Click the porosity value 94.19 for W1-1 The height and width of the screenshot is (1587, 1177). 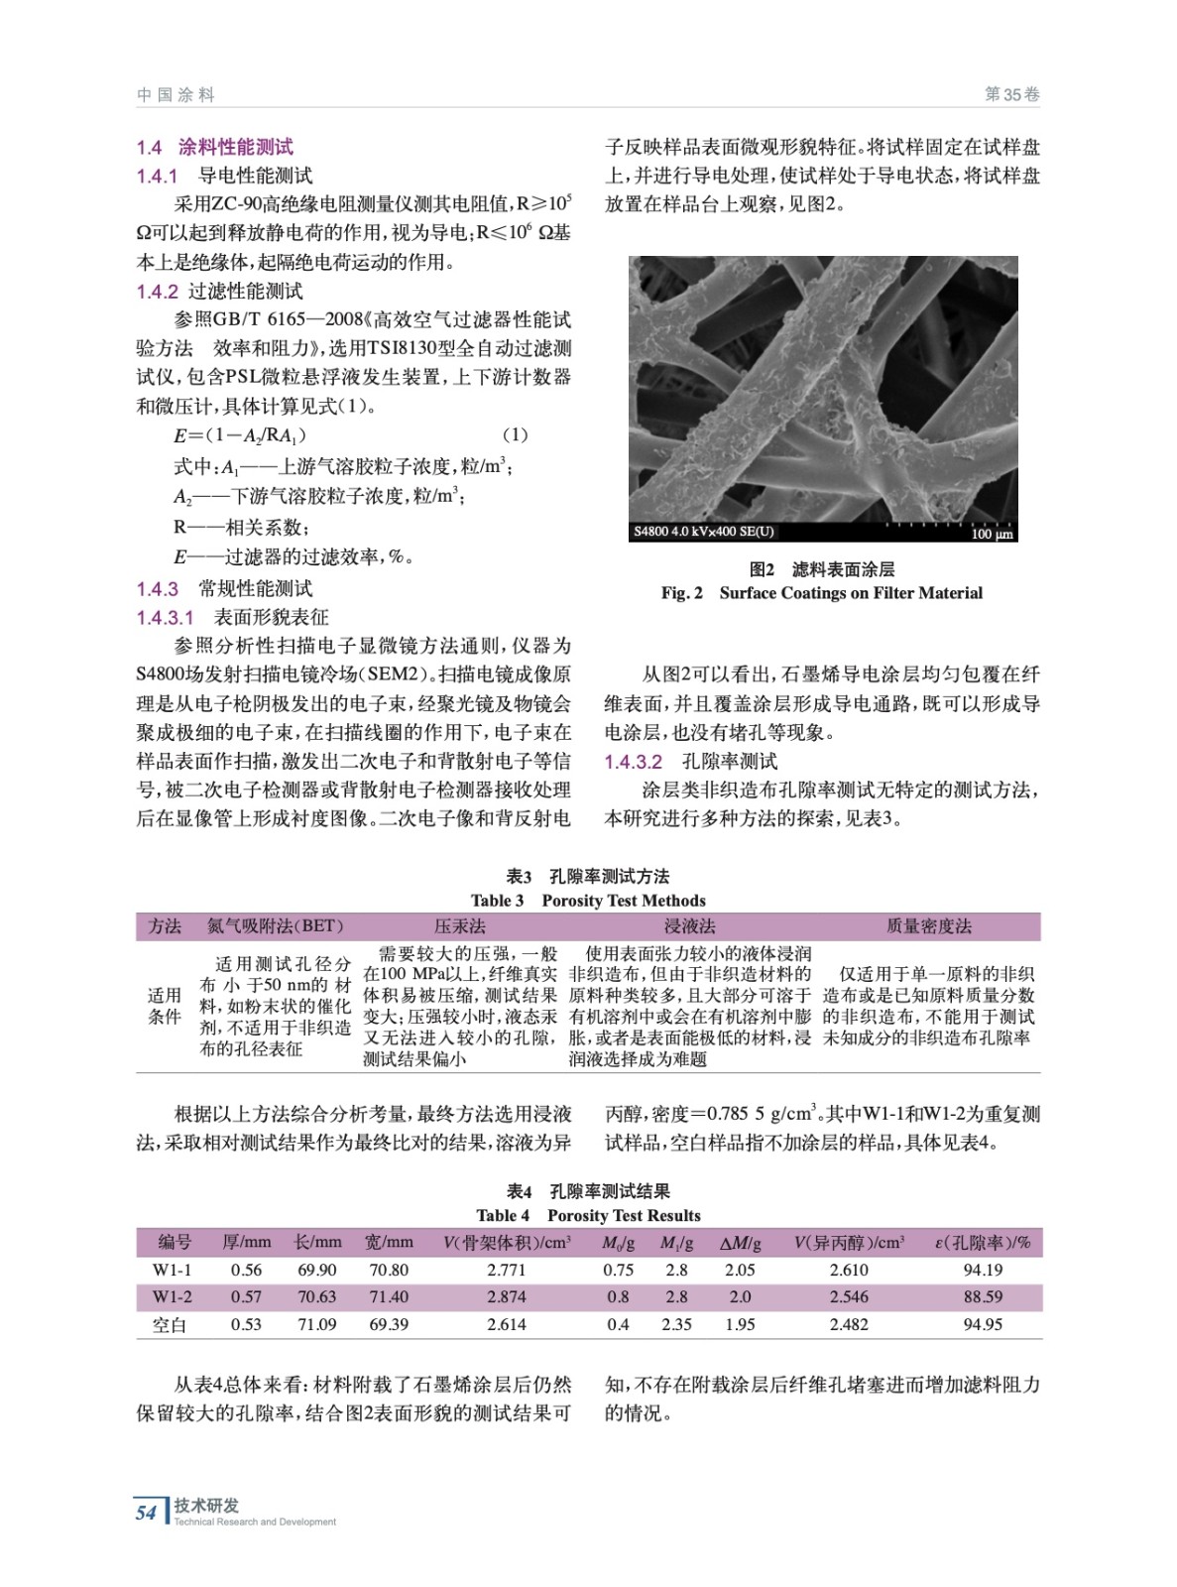(x=982, y=1270)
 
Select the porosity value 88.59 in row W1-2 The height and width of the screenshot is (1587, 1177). (x=982, y=1296)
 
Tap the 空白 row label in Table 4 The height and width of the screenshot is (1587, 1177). (x=170, y=1324)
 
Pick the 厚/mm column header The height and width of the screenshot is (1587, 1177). (x=246, y=1242)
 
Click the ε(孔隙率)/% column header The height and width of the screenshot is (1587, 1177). (x=982, y=1242)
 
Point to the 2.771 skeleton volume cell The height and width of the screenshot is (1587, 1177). (x=506, y=1270)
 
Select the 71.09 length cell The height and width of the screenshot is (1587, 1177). (x=316, y=1324)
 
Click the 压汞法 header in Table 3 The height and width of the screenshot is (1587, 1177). (x=460, y=926)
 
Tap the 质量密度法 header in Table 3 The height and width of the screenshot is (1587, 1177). (x=928, y=926)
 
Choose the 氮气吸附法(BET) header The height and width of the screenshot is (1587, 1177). (x=275, y=926)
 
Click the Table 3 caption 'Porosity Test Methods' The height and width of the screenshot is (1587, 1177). (x=624, y=901)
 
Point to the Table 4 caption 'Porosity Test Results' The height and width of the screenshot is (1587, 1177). (x=624, y=1216)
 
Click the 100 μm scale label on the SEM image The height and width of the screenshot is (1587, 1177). (x=992, y=534)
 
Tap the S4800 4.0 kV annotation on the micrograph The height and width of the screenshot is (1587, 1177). (x=704, y=532)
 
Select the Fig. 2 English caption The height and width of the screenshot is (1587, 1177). (x=822, y=593)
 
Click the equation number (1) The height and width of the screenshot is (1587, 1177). (x=515, y=434)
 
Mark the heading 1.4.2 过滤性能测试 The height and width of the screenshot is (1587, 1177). (x=219, y=291)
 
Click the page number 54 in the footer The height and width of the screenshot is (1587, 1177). (x=146, y=1513)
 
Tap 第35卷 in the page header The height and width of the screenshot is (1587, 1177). (x=1011, y=94)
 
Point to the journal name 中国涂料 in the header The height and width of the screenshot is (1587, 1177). (x=176, y=94)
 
